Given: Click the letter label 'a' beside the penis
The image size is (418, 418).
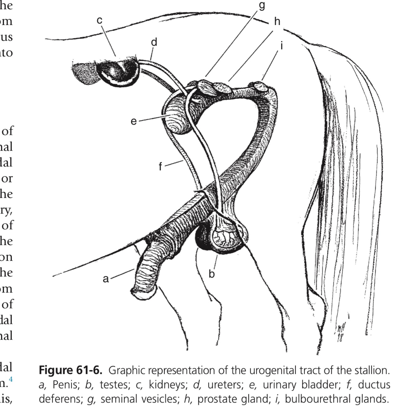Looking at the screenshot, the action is coord(106,278).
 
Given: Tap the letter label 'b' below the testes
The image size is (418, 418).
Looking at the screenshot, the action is coord(212,274).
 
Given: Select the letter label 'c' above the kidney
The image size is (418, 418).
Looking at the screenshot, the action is coord(99,20).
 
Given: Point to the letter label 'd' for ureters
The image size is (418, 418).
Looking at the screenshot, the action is coord(154,42).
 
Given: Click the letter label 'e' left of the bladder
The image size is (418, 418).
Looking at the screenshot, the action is coord(134,121).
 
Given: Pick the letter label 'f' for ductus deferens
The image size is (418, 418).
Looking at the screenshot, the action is coord(160,166).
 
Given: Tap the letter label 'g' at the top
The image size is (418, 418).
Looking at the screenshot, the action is coord(262,5).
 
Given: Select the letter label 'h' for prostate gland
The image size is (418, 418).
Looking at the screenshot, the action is coord(277,21).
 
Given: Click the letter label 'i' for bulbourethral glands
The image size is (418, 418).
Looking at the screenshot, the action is coord(282,46).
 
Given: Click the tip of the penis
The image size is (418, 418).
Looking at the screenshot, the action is coord(144,293).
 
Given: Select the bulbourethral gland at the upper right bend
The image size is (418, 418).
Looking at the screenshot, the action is coord(260,86).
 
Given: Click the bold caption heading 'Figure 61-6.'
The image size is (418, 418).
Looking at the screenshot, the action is coord(71,370).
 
